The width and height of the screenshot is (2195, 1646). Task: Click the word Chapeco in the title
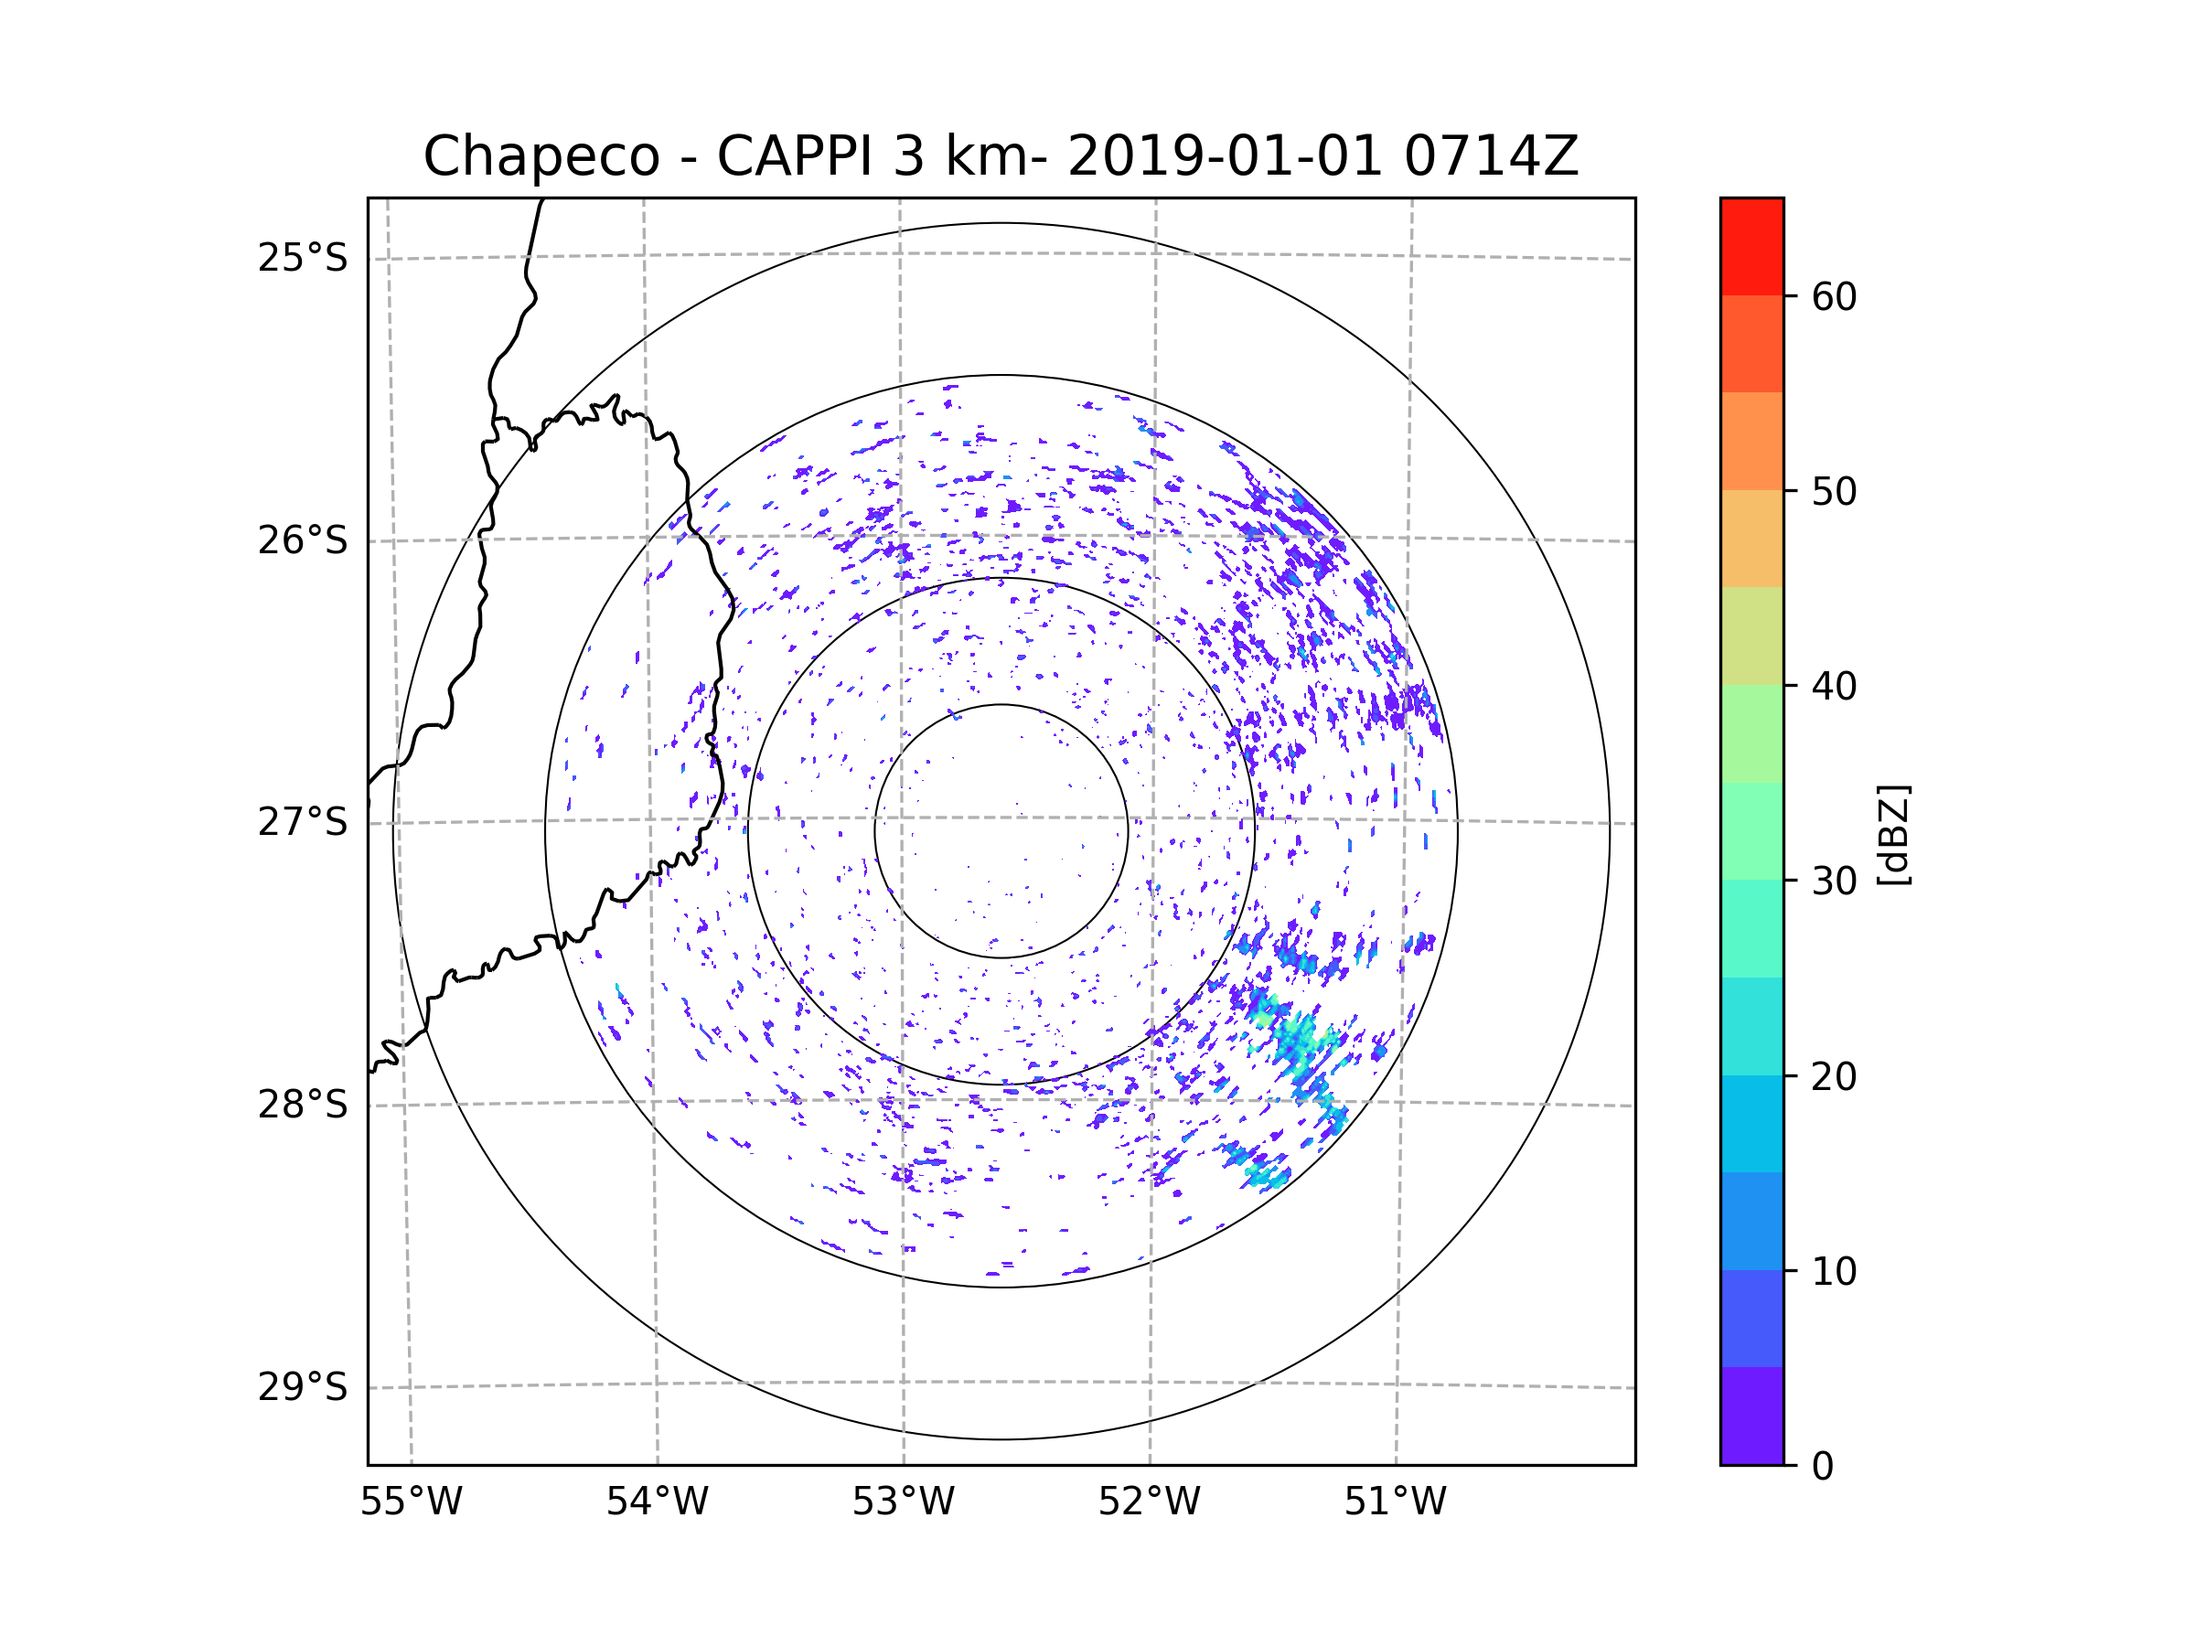(x=541, y=156)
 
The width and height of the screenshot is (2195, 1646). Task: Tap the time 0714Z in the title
(x=1490, y=156)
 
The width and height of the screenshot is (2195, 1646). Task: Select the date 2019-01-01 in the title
(x=1224, y=156)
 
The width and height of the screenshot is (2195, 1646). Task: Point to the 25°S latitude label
(x=303, y=258)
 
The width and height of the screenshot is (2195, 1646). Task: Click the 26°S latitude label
(x=303, y=540)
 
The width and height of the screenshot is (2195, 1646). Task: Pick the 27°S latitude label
(x=303, y=822)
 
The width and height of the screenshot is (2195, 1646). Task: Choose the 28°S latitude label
(x=303, y=1105)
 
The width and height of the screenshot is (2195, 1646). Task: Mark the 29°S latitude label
(x=303, y=1387)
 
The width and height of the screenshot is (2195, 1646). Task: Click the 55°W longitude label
(x=411, y=1502)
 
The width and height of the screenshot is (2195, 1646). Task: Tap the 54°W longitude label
(x=657, y=1502)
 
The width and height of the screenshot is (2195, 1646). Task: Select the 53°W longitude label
(x=903, y=1502)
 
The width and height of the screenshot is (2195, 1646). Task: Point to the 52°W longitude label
(x=1149, y=1502)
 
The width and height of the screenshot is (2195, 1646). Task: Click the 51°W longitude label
(x=1395, y=1502)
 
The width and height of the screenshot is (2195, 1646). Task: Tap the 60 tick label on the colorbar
(x=1834, y=296)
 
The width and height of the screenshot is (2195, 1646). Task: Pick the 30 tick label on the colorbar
(x=1834, y=881)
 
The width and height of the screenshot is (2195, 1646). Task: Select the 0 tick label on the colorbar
(x=1823, y=1467)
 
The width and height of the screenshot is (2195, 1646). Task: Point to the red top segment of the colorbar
(x=1751, y=246)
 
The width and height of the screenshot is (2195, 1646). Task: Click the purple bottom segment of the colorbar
(x=1751, y=1416)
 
